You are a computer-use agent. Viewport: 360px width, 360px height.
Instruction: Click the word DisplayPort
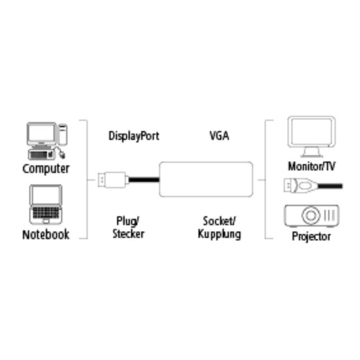coord(134,137)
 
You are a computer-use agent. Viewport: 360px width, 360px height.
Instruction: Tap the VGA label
coord(219,137)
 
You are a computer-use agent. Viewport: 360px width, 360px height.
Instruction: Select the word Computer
coord(46,168)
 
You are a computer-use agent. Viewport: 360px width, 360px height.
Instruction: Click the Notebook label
coord(46,234)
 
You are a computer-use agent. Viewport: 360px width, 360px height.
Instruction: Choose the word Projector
coord(311,236)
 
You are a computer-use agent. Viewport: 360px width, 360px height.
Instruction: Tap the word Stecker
coord(128,234)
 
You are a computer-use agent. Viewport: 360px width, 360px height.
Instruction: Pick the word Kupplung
coord(219,234)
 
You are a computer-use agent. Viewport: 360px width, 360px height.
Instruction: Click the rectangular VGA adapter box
coord(206,179)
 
